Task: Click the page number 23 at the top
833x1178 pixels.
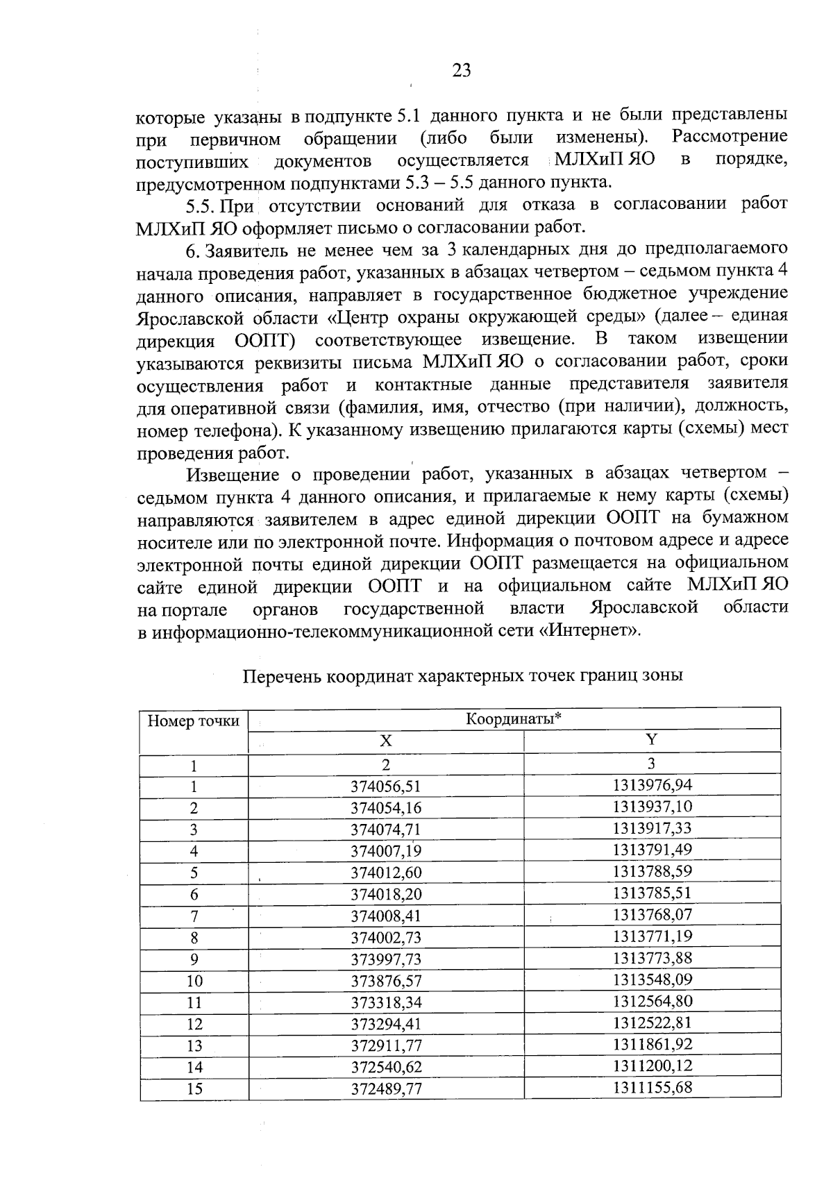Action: [462, 71]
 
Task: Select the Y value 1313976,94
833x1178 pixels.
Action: [652, 784]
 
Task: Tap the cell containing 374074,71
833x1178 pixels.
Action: [386, 830]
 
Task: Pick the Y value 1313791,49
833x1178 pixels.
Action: [652, 850]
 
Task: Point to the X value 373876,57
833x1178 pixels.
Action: [386, 981]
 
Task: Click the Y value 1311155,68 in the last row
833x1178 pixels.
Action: [652, 1087]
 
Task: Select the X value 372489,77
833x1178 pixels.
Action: [386, 1089]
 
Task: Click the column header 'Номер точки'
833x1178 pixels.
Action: [194, 721]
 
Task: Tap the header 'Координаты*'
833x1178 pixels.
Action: [513, 718]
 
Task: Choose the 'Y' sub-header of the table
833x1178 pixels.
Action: [651, 740]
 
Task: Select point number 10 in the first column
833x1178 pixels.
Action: [194, 981]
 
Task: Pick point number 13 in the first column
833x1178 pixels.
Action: [194, 1045]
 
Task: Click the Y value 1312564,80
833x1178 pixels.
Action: [652, 1001]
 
